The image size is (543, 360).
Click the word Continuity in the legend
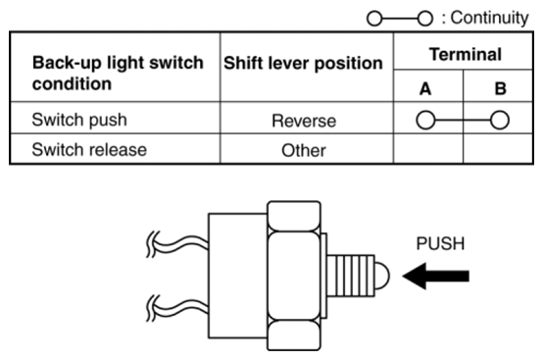click(489, 18)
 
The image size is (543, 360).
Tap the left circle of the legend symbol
click(374, 19)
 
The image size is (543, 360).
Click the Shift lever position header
click(304, 64)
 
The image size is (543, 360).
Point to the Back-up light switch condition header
click(118, 74)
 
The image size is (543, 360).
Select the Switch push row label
click(79, 120)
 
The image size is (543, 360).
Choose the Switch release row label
click(89, 150)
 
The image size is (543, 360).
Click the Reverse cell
click(304, 121)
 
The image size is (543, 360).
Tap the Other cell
click(304, 151)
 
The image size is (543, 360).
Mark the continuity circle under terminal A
click(425, 120)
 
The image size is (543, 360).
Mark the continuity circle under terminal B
click(500, 120)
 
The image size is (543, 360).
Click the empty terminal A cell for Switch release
click(428, 148)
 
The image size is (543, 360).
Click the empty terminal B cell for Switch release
click(498, 148)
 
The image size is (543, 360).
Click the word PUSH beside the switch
click(440, 243)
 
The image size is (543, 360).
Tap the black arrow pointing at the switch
click(436, 276)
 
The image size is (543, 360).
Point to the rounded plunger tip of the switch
click(382, 276)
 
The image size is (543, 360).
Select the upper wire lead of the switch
click(177, 244)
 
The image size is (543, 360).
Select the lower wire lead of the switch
click(177, 308)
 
